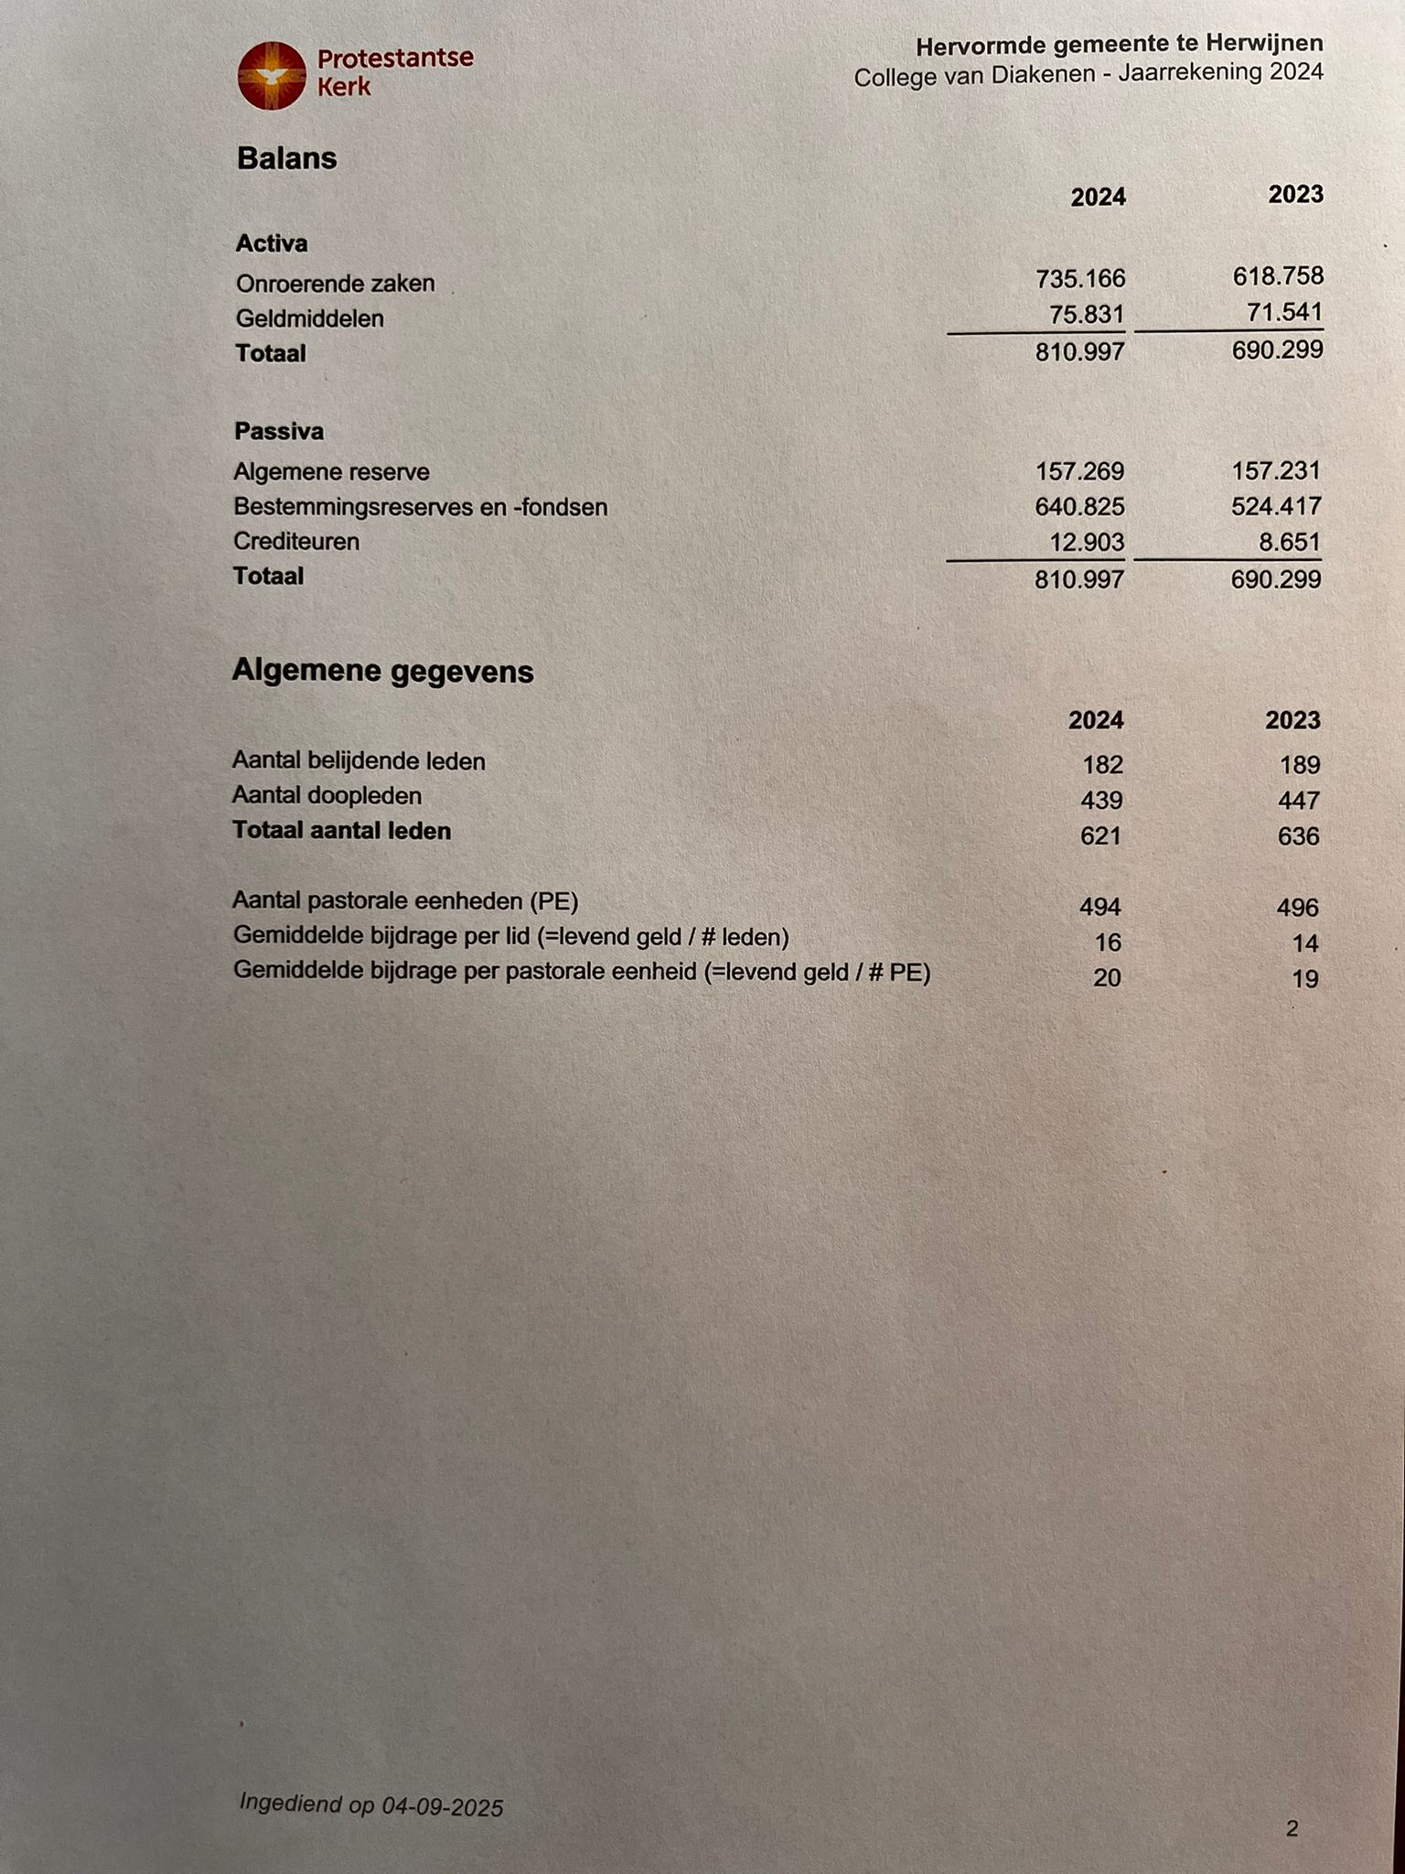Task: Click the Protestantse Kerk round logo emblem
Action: tap(271, 75)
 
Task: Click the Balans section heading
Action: tap(286, 158)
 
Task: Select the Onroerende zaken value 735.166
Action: tap(1079, 278)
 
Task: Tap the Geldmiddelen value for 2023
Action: tap(1284, 312)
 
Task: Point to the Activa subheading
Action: tap(272, 243)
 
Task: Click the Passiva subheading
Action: tap(279, 431)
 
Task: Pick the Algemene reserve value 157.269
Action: tap(1079, 471)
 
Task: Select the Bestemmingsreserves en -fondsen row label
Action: tap(420, 507)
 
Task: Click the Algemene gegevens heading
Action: tap(382, 671)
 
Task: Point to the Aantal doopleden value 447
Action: tap(1299, 801)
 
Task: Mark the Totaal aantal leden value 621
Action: tap(1100, 835)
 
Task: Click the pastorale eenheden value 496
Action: tap(1298, 908)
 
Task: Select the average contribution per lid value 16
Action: tap(1108, 942)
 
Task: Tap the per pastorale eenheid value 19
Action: tap(1305, 979)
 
